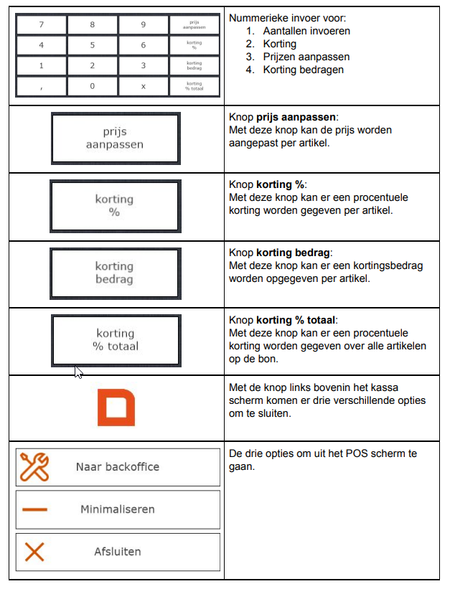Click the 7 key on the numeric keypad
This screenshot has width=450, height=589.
coord(41,24)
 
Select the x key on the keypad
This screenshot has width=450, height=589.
coord(143,85)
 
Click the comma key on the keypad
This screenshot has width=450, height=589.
coord(41,85)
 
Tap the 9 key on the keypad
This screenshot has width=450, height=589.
coord(143,24)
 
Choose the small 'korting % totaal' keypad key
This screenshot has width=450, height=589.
coord(194,85)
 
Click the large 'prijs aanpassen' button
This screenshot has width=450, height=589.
coord(115,138)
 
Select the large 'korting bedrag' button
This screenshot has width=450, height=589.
coord(115,273)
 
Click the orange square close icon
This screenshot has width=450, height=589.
coord(116,407)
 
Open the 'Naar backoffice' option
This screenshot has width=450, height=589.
coord(118,467)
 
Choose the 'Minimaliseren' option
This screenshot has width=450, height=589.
coord(118,509)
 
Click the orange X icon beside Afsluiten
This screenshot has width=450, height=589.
coord(34,552)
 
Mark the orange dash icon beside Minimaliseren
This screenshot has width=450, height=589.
coord(34,509)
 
